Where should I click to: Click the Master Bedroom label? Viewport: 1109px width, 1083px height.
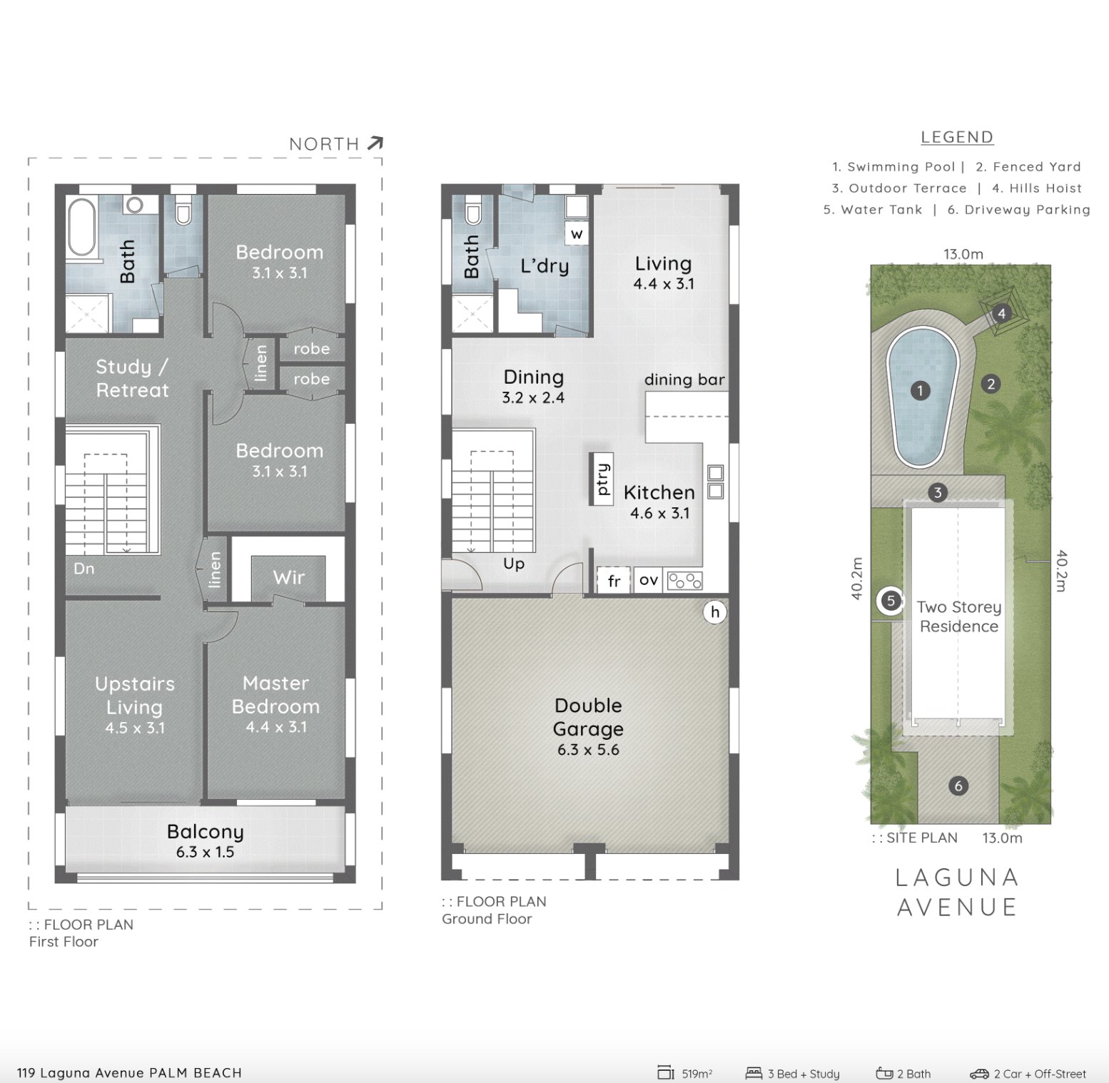coord(275,696)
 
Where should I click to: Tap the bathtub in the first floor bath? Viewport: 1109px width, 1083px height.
coord(81,228)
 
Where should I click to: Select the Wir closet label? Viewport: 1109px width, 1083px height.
coord(288,577)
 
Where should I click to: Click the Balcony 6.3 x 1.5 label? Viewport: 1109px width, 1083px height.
coord(206,840)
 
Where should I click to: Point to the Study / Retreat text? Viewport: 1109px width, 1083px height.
coord(132,378)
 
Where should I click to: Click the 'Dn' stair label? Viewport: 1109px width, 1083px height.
coord(83,569)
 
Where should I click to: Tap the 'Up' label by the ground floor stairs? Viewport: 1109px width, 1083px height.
coord(514,564)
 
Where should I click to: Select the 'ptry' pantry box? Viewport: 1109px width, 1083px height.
coord(602,479)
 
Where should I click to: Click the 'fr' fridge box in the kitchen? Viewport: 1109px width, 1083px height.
coord(614,581)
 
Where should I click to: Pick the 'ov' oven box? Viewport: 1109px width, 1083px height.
coord(648,580)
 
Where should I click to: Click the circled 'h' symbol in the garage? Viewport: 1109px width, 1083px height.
coord(715,611)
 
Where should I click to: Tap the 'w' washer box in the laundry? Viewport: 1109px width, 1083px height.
coord(577,233)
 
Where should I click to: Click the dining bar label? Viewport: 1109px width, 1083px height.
coord(684,380)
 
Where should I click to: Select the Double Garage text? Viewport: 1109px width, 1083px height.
coord(588,717)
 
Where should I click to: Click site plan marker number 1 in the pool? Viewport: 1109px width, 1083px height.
coord(921,390)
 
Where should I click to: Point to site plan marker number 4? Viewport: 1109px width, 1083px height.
coord(1001,313)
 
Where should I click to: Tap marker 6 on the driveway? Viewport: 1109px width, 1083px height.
coord(958,785)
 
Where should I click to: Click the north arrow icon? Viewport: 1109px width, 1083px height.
coord(375,143)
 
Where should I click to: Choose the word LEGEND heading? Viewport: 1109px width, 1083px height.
coord(956,137)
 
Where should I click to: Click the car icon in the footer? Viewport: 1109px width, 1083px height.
coord(978,1074)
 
